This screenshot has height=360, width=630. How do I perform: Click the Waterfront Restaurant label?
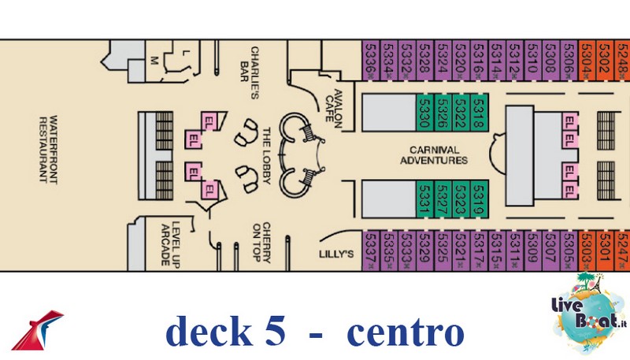click(49, 149)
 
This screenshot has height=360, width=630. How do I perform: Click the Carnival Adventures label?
click(434, 154)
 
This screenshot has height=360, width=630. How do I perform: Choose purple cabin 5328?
click(424, 58)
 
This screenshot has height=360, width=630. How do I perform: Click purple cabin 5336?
click(371, 58)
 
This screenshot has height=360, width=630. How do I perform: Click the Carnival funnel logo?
click(39, 330)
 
